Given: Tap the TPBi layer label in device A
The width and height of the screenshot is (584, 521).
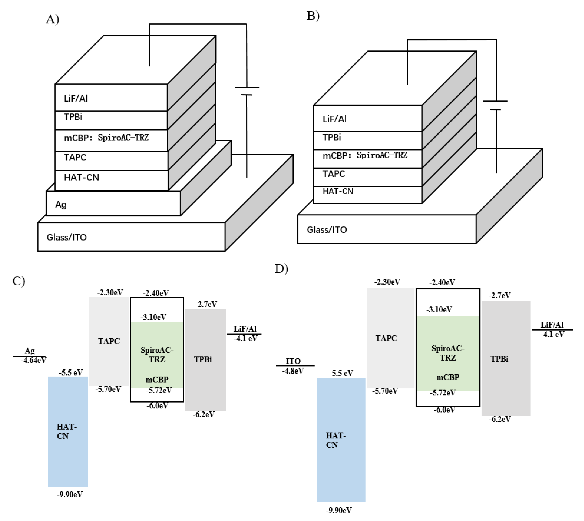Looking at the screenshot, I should (x=73, y=117).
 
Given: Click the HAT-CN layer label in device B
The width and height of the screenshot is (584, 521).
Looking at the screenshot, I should (x=338, y=191).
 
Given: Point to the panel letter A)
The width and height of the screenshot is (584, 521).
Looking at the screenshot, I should (x=52, y=19).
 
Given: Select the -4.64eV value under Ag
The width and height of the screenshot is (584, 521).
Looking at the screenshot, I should (x=33, y=360).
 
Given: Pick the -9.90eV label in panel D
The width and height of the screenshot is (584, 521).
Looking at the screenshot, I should (x=339, y=510).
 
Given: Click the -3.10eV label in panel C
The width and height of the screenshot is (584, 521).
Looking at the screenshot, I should (x=153, y=317).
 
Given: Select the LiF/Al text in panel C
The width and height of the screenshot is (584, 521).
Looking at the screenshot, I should (x=245, y=329).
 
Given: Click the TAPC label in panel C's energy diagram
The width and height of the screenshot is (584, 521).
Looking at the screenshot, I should (x=109, y=341).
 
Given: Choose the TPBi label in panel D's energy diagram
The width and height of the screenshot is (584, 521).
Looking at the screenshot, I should (x=499, y=359).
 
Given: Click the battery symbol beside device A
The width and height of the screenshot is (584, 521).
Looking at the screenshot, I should (x=247, y=91).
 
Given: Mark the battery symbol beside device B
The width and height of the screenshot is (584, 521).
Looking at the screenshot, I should (x=495, y=105).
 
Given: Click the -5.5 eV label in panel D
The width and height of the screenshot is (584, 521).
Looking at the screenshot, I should (x=341, y=373).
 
